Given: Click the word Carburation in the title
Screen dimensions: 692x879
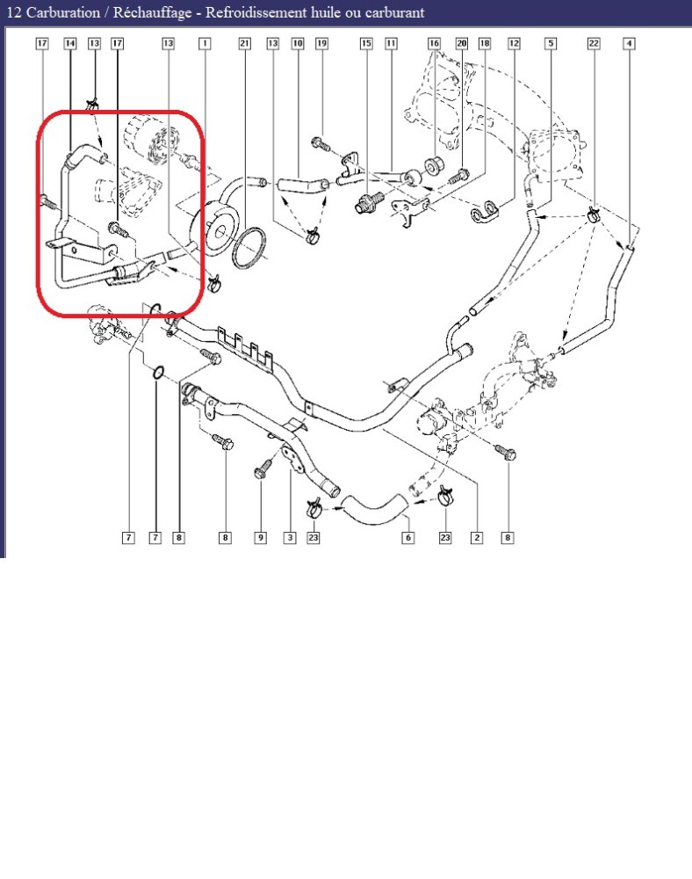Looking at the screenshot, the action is click(x=63, y=12).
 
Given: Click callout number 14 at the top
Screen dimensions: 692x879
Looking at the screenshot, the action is click(x=70, y=44).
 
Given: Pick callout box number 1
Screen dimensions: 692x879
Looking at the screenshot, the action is click(x=205, y=44).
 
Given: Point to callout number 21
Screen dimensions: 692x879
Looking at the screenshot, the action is click(x=245, y=44).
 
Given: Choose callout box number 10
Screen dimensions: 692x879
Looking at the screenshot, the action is click(x=298, y=44).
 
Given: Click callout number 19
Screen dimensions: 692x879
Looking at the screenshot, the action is click(x=322, y=44).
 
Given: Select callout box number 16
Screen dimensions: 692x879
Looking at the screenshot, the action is click(x=435, y=44).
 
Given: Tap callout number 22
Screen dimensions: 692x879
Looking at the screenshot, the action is click(x=594, y=44).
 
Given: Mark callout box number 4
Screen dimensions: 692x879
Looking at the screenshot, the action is click(x=630, y=44).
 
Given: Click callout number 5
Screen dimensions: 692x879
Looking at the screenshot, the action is click(x=551, y=44).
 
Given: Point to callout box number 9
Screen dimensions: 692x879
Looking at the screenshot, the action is click(x=260, y=538).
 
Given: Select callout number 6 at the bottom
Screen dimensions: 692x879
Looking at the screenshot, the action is click(x=408, y=538).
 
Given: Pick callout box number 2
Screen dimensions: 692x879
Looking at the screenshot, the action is click(x=477, y=538).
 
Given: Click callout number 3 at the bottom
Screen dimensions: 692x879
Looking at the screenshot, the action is click(x=290, y=538).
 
